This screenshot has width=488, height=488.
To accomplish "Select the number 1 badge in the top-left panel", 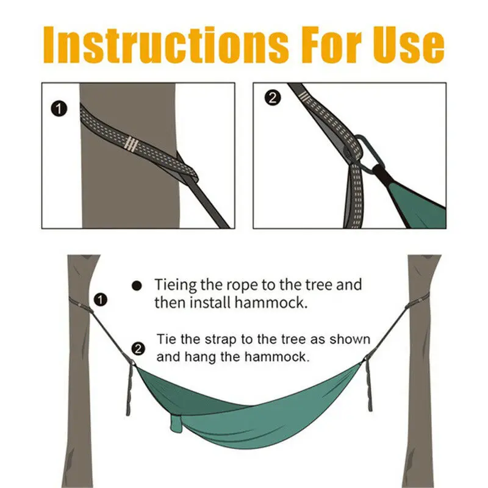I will point(59,110).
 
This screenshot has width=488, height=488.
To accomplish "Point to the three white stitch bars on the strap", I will point(130,144).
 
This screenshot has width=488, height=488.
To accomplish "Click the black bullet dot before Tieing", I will point(137,285).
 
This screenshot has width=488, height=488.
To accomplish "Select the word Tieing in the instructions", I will point(177,285).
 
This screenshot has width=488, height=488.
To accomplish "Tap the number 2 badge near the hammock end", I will point(138,349).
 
